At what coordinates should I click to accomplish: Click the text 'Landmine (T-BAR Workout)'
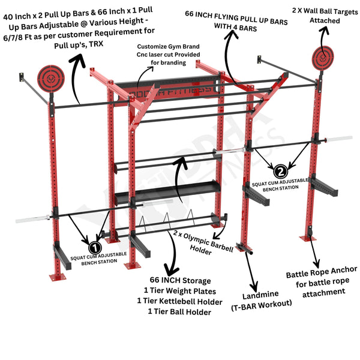260,303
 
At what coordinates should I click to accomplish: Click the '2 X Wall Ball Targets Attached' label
325,16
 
